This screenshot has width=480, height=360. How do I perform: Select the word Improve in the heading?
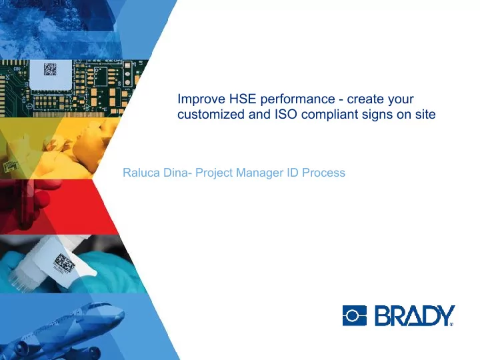201,99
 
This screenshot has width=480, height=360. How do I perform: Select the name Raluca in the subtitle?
141,173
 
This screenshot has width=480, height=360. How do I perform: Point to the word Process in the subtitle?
323,173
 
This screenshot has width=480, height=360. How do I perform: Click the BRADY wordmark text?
415,315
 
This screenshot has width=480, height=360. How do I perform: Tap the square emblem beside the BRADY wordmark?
355,315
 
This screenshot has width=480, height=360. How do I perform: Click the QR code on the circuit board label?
50,69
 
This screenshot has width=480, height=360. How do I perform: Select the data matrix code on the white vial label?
64,263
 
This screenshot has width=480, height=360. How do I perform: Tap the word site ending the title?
425,114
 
